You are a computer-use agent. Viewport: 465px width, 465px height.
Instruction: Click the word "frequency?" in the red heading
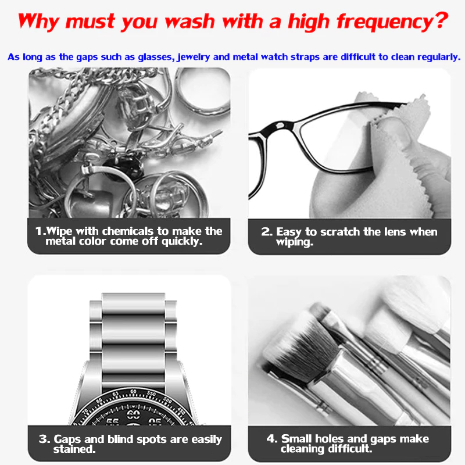point(392,22)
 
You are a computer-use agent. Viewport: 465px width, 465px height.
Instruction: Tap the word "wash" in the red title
point(190,22)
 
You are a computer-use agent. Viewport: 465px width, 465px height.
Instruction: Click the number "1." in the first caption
point(40,231)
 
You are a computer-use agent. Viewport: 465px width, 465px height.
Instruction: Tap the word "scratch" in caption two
point(340,232)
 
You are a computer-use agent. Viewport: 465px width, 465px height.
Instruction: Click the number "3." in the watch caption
point(45,439)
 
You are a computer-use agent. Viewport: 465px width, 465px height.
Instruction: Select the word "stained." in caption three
point(74,449)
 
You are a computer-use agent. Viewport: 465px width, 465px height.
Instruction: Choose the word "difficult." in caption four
point(349,449)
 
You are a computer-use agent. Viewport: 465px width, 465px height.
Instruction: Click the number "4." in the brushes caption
point(272,439)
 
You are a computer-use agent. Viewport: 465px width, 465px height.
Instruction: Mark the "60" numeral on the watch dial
point(133,414)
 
